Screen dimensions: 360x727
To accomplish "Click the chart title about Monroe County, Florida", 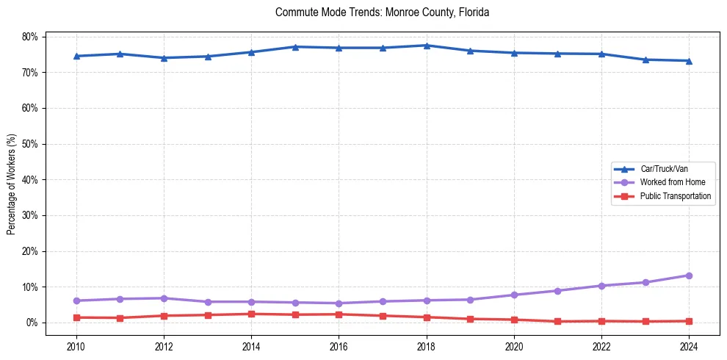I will (x=382, y=12).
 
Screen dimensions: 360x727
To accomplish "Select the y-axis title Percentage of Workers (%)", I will (x=12, y=184).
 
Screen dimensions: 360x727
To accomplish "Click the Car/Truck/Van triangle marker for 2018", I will (x=426, y=46).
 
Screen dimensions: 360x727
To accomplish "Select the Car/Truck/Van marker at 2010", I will (x=76, y=56).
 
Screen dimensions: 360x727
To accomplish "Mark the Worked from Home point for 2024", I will (x=689, y=276).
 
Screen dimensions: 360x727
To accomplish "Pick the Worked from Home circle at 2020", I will (x=514, y=295).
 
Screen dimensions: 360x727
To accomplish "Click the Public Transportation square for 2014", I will (x=251, y=314).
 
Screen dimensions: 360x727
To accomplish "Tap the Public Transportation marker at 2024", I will (x=689, y=321).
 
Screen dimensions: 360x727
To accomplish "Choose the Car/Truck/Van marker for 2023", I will (x=645, y=60).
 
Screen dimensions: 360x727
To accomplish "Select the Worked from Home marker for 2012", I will (x=163, y=298).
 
